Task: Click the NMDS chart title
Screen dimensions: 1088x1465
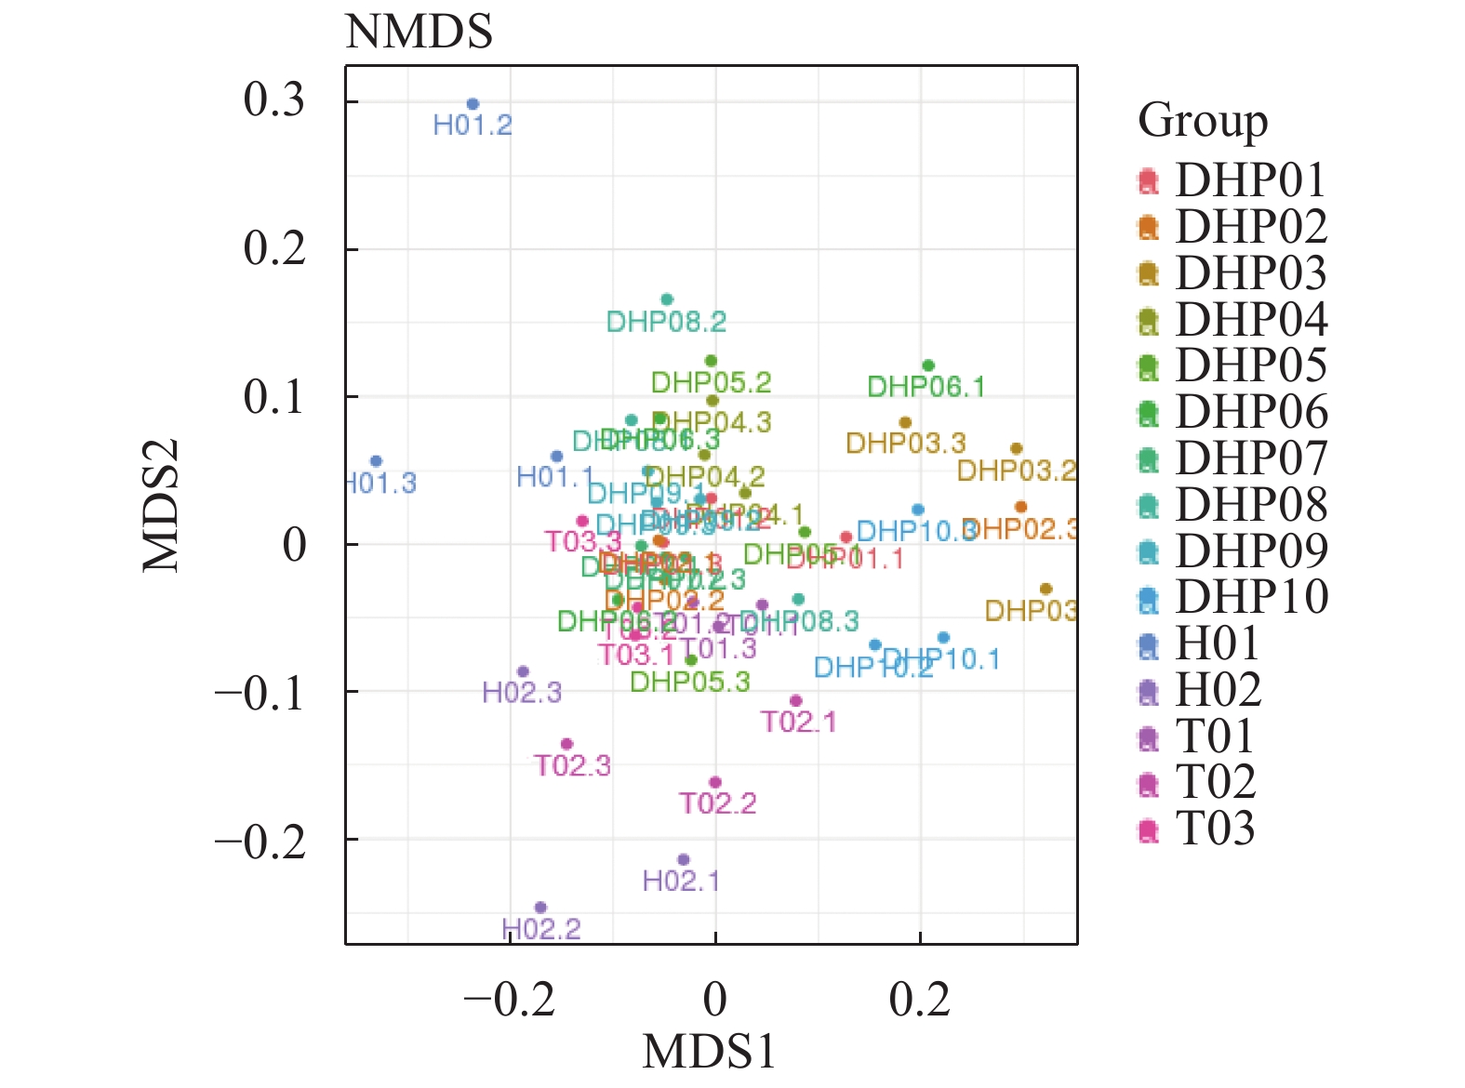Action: click(x=419, y=33)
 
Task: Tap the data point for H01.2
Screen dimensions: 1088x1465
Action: click(x=473, y=104)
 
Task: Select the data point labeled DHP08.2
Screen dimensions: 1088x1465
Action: click(x=667, y=299)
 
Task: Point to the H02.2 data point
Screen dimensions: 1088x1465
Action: click(x=540, y=908)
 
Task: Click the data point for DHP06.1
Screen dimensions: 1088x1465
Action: click(x=927, y=365)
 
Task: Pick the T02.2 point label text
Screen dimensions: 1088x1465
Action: click(x=717, y=803)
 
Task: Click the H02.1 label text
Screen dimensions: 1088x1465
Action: click(x=681, y=881)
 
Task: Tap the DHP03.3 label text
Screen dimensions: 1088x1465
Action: click(x=905, y=444)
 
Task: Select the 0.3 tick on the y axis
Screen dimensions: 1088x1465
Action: click(x=274, y=100)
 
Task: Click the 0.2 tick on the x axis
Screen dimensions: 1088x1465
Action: click(x=920, y=1001)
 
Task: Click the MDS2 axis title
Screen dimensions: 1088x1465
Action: click(x=161, y=505)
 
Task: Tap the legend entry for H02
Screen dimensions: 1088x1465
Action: click(x=1219, y=690)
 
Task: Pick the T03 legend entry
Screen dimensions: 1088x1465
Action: click(x=1215, y=829)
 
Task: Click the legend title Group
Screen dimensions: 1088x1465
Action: click(x=1203, y=121)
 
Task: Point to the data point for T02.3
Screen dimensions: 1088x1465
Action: click(x=566, y=744)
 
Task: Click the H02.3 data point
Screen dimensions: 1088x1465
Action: click(x=523, y=671)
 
